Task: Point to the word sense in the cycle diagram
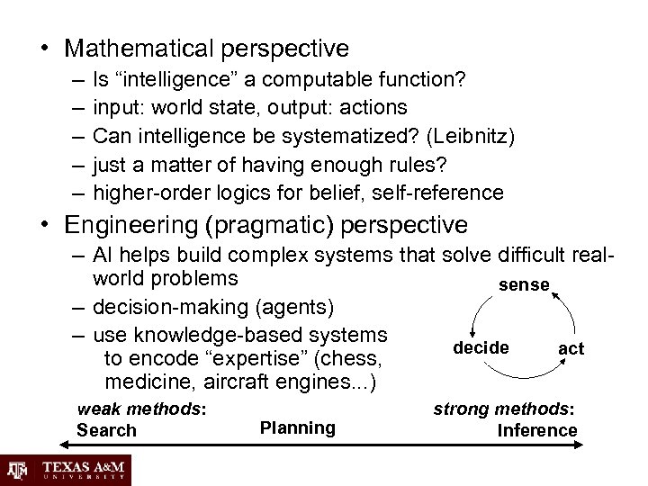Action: tap(524, 284)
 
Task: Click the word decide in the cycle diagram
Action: tap(481, 347)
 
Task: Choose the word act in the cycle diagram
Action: tap(571, 348)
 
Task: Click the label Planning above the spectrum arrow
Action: tap(297, 427)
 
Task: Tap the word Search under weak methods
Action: tap(107, 430)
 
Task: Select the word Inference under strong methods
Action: tap(537, 430)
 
